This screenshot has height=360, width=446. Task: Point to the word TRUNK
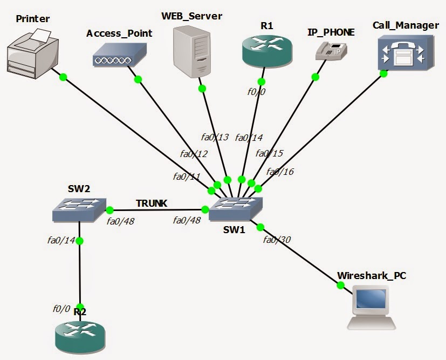point(152,203)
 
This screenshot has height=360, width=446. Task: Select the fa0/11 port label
point(186,176)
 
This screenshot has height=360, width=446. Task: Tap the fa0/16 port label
point(280,172)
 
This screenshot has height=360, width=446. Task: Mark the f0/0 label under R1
point(257,92)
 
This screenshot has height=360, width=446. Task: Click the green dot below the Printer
point(63,77)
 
